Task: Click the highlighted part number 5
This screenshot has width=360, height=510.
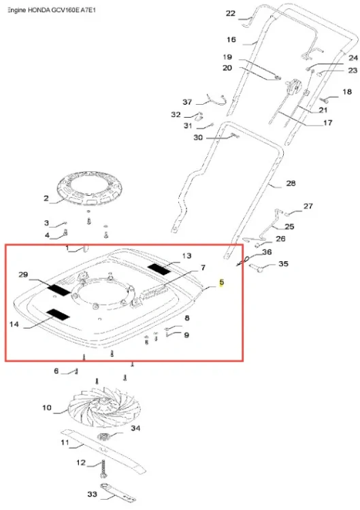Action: tap(222, 282)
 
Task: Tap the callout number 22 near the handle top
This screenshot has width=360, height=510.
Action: tap(231, 14)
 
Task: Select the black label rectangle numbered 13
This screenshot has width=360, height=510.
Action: tap(159, 269)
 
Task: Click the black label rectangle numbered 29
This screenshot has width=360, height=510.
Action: tap(59, 289)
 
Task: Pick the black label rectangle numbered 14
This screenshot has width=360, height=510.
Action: tap(58, 315)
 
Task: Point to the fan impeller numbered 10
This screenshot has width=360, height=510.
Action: tap(103, 407)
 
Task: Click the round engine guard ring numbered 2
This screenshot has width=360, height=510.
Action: tap(87, 188)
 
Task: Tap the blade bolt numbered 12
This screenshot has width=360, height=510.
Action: tap(103, 469)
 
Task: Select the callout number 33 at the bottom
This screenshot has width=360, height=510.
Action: tap(93, 494)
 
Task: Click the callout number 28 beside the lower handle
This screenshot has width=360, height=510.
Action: tap(291, 183)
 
